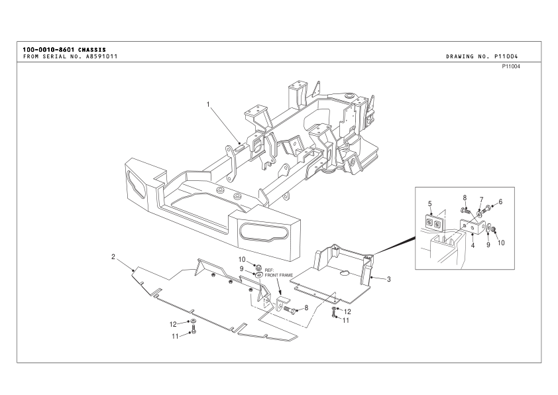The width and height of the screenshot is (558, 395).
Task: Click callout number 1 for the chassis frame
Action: click(208, 104)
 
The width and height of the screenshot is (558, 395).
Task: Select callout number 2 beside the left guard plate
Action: click(113, 256)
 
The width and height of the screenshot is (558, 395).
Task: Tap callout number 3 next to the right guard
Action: click(388, 279)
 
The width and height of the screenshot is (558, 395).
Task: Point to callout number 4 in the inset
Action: click(473, 245)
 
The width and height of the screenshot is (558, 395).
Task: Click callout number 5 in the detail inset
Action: click(430, 203)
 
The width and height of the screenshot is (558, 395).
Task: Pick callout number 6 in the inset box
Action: click(500, 201)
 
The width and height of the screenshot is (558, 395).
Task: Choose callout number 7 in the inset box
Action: click(482, 199)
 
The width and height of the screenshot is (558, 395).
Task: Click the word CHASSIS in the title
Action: click(92, 50)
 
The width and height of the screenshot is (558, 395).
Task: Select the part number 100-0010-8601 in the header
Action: click(49, 50)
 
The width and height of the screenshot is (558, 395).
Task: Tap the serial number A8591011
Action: click(101, 56)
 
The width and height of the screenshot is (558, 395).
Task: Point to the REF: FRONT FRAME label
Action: click(278, 272)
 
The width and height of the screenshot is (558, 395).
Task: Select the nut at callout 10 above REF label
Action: click(259, 266)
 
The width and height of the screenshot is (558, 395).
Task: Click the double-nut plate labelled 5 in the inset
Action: click(434, 222)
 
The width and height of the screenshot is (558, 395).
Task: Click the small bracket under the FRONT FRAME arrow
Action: click(282, 303)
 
